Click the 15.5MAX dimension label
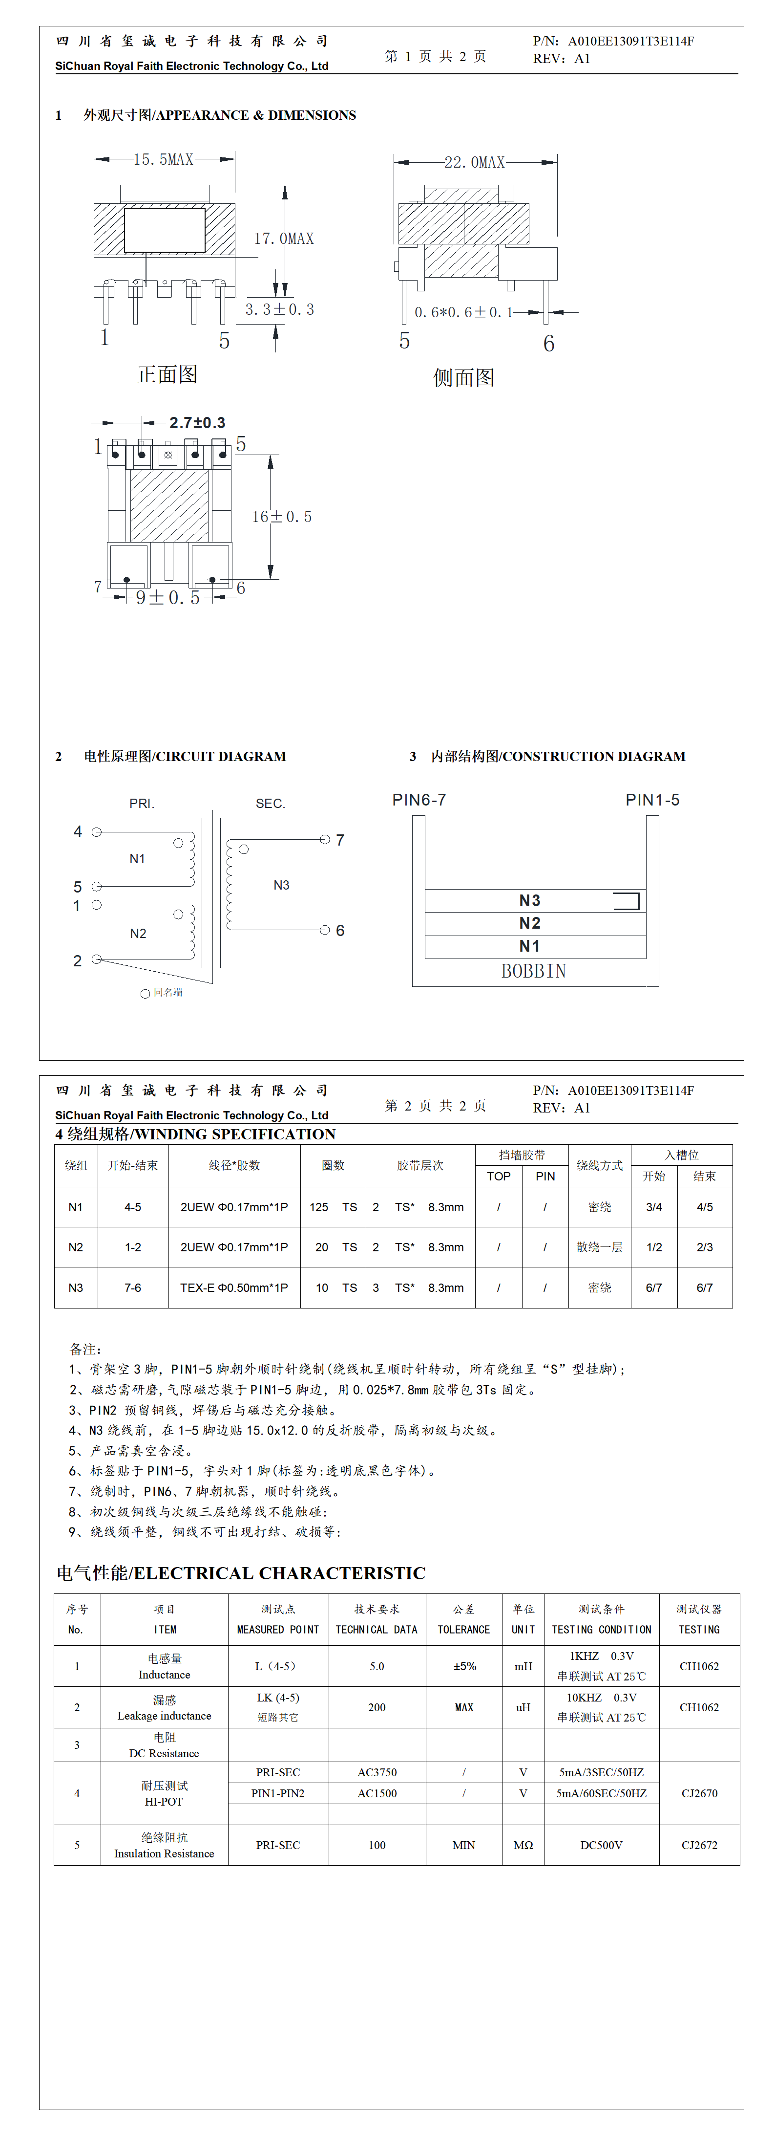163,159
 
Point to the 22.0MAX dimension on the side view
474,162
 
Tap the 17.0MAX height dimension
283,239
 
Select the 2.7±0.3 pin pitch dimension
197,423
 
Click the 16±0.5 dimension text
282,517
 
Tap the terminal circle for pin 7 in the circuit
325,840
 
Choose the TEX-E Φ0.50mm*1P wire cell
234,1288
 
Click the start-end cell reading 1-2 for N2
133,1247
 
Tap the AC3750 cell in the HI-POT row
377,1772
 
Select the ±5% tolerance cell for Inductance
464,1666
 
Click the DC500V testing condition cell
601,1845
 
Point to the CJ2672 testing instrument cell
699,1845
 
